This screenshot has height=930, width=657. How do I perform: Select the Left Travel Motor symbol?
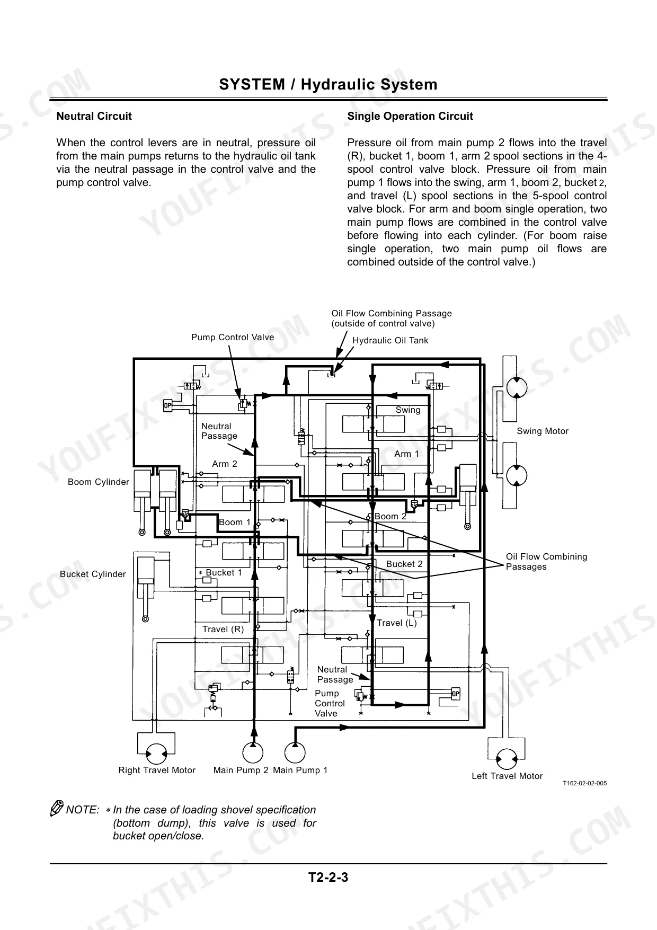tap(507, 759)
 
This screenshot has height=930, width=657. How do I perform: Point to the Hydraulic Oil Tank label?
tap(390, 340)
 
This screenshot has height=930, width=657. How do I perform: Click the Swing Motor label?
tap(543, 431)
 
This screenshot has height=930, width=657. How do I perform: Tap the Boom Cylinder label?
tap(99, 482)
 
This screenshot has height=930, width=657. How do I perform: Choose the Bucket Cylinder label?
tap(93, 574)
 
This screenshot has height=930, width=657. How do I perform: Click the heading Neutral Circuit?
tap(94, 116)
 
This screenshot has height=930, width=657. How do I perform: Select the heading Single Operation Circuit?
tap(410, 116)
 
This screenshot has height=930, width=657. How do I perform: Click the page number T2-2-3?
tap(328, 877)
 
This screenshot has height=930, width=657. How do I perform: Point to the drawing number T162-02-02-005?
tap(584, 783)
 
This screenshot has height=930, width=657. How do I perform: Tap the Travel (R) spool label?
tap(223, 629)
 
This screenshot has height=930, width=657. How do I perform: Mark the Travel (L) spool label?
tap(397, 623)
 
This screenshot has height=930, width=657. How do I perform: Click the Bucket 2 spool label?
tap(404, 564)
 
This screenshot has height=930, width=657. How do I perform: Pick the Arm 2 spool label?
tap(225, 464)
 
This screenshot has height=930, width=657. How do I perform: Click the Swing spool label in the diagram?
tap(408, 410)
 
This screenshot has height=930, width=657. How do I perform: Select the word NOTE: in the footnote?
tap(83, 810)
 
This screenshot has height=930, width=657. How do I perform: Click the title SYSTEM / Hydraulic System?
tap(328, 84)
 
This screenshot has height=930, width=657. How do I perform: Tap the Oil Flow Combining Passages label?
tap(546, 562)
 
